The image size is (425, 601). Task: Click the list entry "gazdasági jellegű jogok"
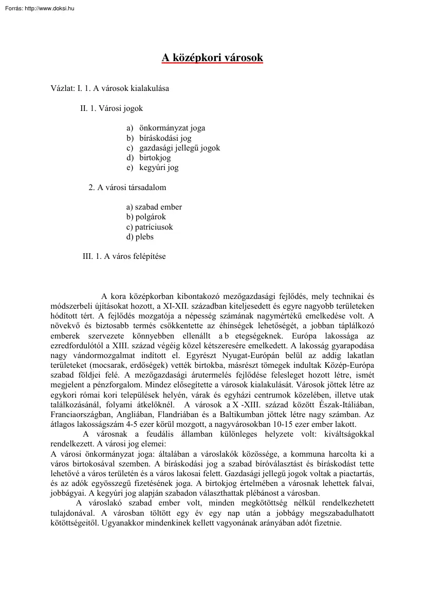[x=179, y=148]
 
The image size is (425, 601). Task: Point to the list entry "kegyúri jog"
[x=159, y=167]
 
